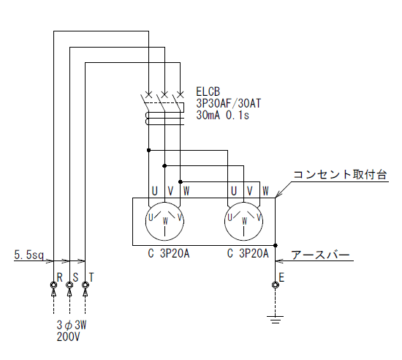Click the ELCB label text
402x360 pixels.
point(208,91)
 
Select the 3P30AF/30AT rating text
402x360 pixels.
point(229,103)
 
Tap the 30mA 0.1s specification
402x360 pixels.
point(222,115)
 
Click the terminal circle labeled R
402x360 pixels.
point(53,285)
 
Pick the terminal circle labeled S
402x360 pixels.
point(69,285)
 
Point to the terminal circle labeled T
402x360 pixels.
point(85,285)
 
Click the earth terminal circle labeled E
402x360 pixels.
point(275,285)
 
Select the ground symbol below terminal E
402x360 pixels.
point(275,320)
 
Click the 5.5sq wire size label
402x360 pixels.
point(29,255)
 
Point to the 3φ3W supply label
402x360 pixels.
point(72,326)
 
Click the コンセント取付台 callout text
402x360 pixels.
point(340,174)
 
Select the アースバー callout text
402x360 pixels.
point(320,255)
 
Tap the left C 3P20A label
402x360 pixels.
point(169,254)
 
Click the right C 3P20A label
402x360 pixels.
point(248,254)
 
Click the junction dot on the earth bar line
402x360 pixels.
point(276,246)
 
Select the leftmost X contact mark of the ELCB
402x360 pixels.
point(148,94)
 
